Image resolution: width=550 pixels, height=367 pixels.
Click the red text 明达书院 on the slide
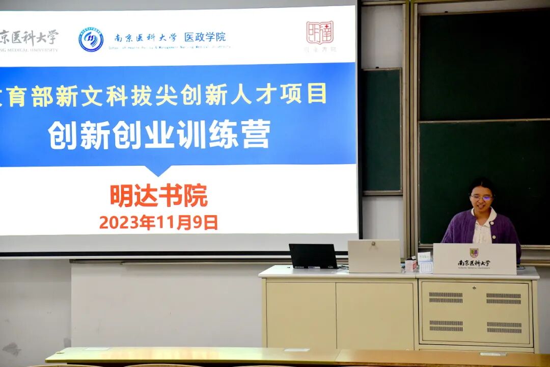[159, 196]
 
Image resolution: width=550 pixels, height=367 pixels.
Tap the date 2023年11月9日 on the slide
[158, 222]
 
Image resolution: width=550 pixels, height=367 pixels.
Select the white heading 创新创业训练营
[159, 135]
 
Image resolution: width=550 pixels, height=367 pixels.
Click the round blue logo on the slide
[91, 40]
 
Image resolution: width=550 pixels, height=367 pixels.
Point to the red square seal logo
[320, 33]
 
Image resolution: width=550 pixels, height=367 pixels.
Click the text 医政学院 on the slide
[205, 37]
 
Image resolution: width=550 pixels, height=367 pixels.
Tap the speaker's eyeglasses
[481, 197]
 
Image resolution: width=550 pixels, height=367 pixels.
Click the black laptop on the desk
[313, 256]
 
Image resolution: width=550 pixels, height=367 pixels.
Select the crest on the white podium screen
[474, 253]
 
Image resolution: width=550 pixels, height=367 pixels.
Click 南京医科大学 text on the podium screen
[474, 264]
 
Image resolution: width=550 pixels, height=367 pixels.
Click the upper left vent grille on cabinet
[446, 297]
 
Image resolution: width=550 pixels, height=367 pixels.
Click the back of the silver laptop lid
[374, 256]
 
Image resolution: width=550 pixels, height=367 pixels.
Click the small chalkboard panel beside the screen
[381, 130]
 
